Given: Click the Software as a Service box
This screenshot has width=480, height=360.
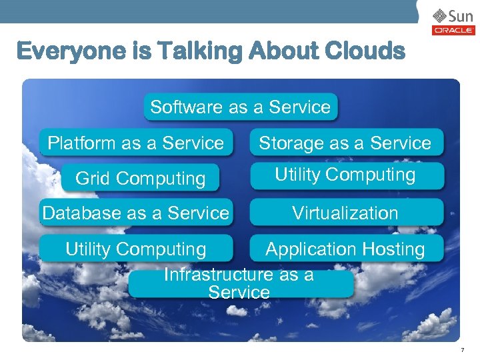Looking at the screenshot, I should tap(241, 107).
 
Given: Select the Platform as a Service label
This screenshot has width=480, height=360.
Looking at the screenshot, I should tap(135, 143).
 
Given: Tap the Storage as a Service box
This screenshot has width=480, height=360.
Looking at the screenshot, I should tap(345, 143).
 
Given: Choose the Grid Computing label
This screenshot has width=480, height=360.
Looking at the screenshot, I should tap(140, 179).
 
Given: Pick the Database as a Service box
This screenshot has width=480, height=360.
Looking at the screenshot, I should tap(135, 213).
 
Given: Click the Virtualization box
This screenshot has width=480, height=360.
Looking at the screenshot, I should tap(345, 213).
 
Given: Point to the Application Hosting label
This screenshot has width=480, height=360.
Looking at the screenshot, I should tap(345, 249).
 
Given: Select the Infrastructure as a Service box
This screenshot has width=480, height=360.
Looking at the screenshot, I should tap(239, 284).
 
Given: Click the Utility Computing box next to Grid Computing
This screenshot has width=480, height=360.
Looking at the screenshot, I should tap(345, 175).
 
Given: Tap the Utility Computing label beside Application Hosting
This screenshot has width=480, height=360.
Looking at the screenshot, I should tap(135, 249).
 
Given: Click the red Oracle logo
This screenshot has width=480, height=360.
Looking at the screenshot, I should tap(453, 31).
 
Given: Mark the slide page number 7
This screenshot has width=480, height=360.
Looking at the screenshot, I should tap(463, 350).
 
